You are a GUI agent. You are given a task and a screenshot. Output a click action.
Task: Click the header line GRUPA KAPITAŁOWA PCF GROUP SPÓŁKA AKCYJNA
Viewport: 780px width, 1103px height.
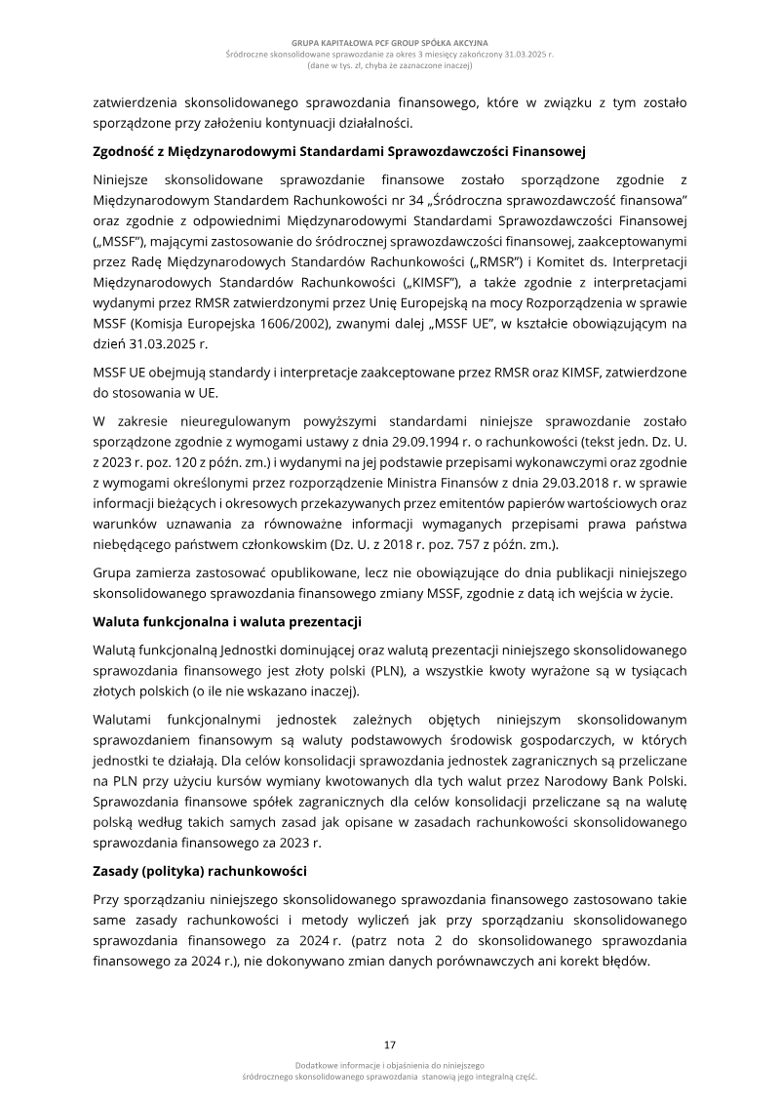click(389, 44)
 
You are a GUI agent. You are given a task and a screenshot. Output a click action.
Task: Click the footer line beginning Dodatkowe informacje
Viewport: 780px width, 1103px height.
click(389, 1065)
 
